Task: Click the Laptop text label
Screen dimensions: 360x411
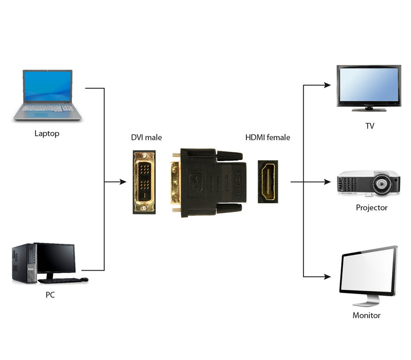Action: coord(47,134)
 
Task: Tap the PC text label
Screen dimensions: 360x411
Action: coord(50,295)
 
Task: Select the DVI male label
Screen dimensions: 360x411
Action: coord(146,137)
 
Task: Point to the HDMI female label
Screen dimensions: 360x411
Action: coord(267,137)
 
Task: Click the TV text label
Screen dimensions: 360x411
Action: coord(369,126)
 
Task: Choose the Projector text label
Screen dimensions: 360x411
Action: coord(371,208)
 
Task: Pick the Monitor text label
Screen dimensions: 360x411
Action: coord(366,315)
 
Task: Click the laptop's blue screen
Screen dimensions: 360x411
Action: coord(47,86)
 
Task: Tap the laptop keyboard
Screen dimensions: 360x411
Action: coord(47,109)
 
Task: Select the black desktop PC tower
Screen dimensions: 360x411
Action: coord(24,263)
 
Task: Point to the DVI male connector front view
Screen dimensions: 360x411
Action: coord(144,182)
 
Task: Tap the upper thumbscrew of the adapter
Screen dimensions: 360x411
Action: coord(229,155)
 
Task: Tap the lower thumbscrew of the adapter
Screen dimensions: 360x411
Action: coord(229,208)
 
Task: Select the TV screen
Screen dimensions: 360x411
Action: coord(369,85)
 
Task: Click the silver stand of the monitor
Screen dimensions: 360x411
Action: coord(366,299)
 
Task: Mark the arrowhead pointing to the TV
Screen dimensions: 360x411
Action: coord(328,85)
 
